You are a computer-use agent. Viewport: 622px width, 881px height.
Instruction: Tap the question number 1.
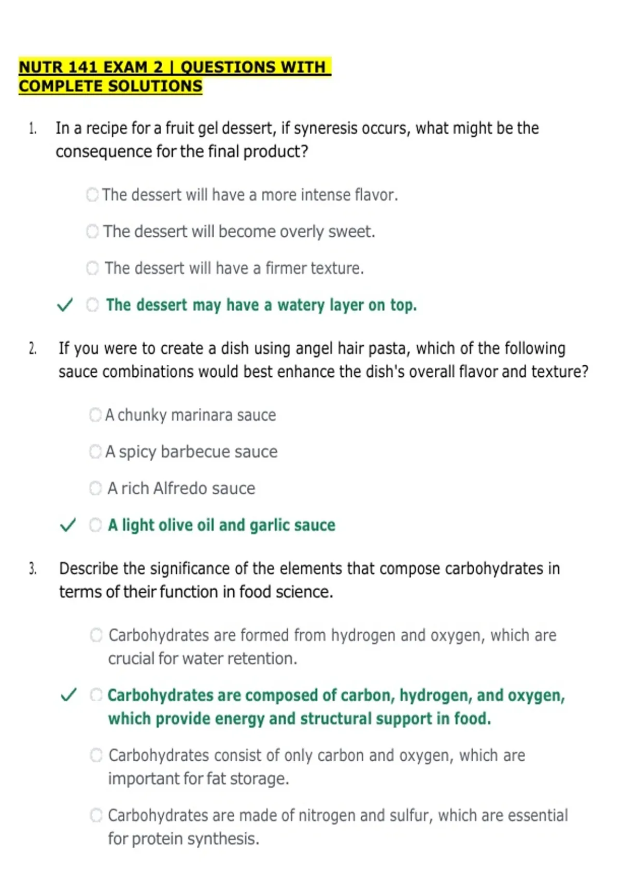[33, 129]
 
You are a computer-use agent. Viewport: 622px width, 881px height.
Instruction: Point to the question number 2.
[33, 349]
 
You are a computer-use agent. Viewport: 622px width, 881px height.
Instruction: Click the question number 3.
[33, 569]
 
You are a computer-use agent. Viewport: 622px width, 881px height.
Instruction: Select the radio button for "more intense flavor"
[92, 195]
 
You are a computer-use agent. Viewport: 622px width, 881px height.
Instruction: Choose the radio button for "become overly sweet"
[92, 231]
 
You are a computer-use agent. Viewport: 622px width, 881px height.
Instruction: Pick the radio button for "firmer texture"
[92, 268]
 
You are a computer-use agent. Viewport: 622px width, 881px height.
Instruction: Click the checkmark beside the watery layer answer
[65, 305]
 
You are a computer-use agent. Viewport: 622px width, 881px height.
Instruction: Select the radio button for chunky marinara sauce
[95, 415]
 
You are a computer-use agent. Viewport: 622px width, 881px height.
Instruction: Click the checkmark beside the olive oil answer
[68, 525]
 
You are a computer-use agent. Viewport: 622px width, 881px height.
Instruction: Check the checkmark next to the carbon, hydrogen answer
[69, 695]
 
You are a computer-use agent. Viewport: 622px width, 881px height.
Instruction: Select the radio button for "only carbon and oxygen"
[96, 755]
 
